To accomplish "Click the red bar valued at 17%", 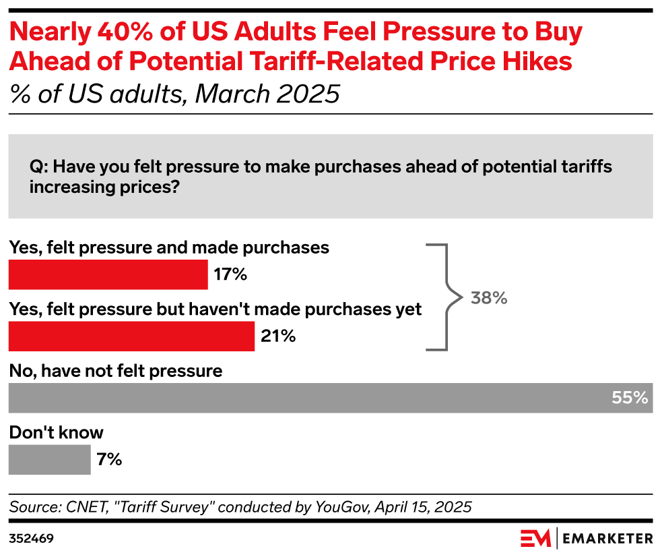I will [x=108, y=274].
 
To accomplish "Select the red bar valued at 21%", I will [x=131, y=336].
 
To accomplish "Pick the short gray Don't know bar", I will [x=49, y=460].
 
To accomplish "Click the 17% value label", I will [x=231, y=274].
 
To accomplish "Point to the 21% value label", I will [x=278, y=336].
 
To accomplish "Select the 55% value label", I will [x=629, y=398].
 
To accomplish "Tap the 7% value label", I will [x=108, y=460].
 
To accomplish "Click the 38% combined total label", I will [x=489, y=298].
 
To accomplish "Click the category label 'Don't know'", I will [x=57, y=432].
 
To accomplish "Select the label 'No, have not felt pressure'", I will [x=115, y=370].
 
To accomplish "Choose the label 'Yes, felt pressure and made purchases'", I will [x=169, y=247].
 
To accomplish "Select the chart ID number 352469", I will [x=31, y=538].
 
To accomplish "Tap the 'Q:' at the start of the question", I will [x=39, y=167].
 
